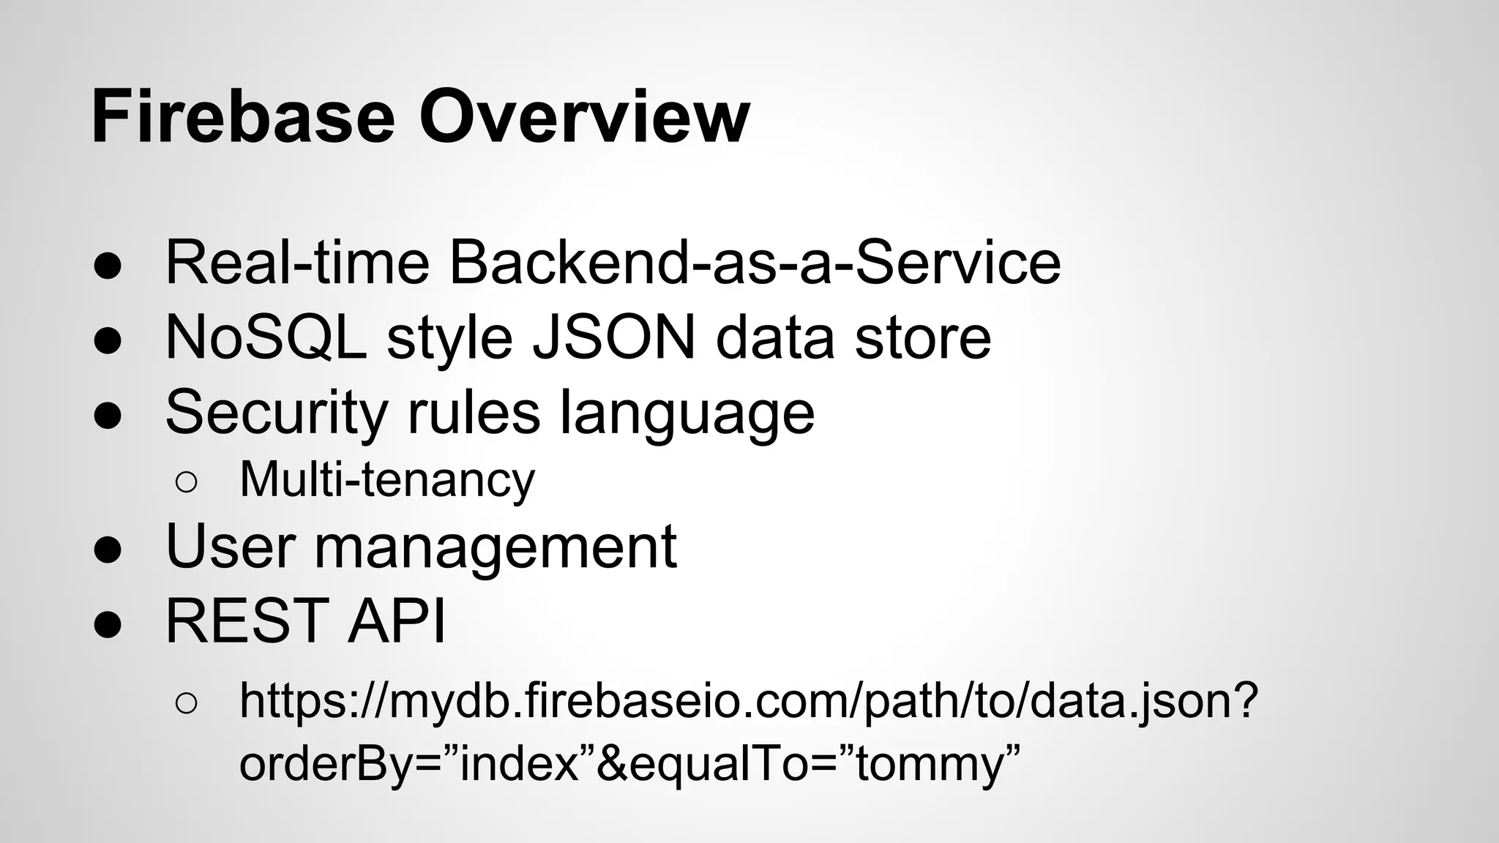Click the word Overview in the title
pos(584,117)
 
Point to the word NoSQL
pos(266,337)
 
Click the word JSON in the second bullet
pos(614,337)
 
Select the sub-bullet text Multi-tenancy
pos(387,480)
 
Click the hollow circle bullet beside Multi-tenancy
pos(186,482)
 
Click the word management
pos(496,547)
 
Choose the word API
pos(396,621)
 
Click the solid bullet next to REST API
pos(108,623)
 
